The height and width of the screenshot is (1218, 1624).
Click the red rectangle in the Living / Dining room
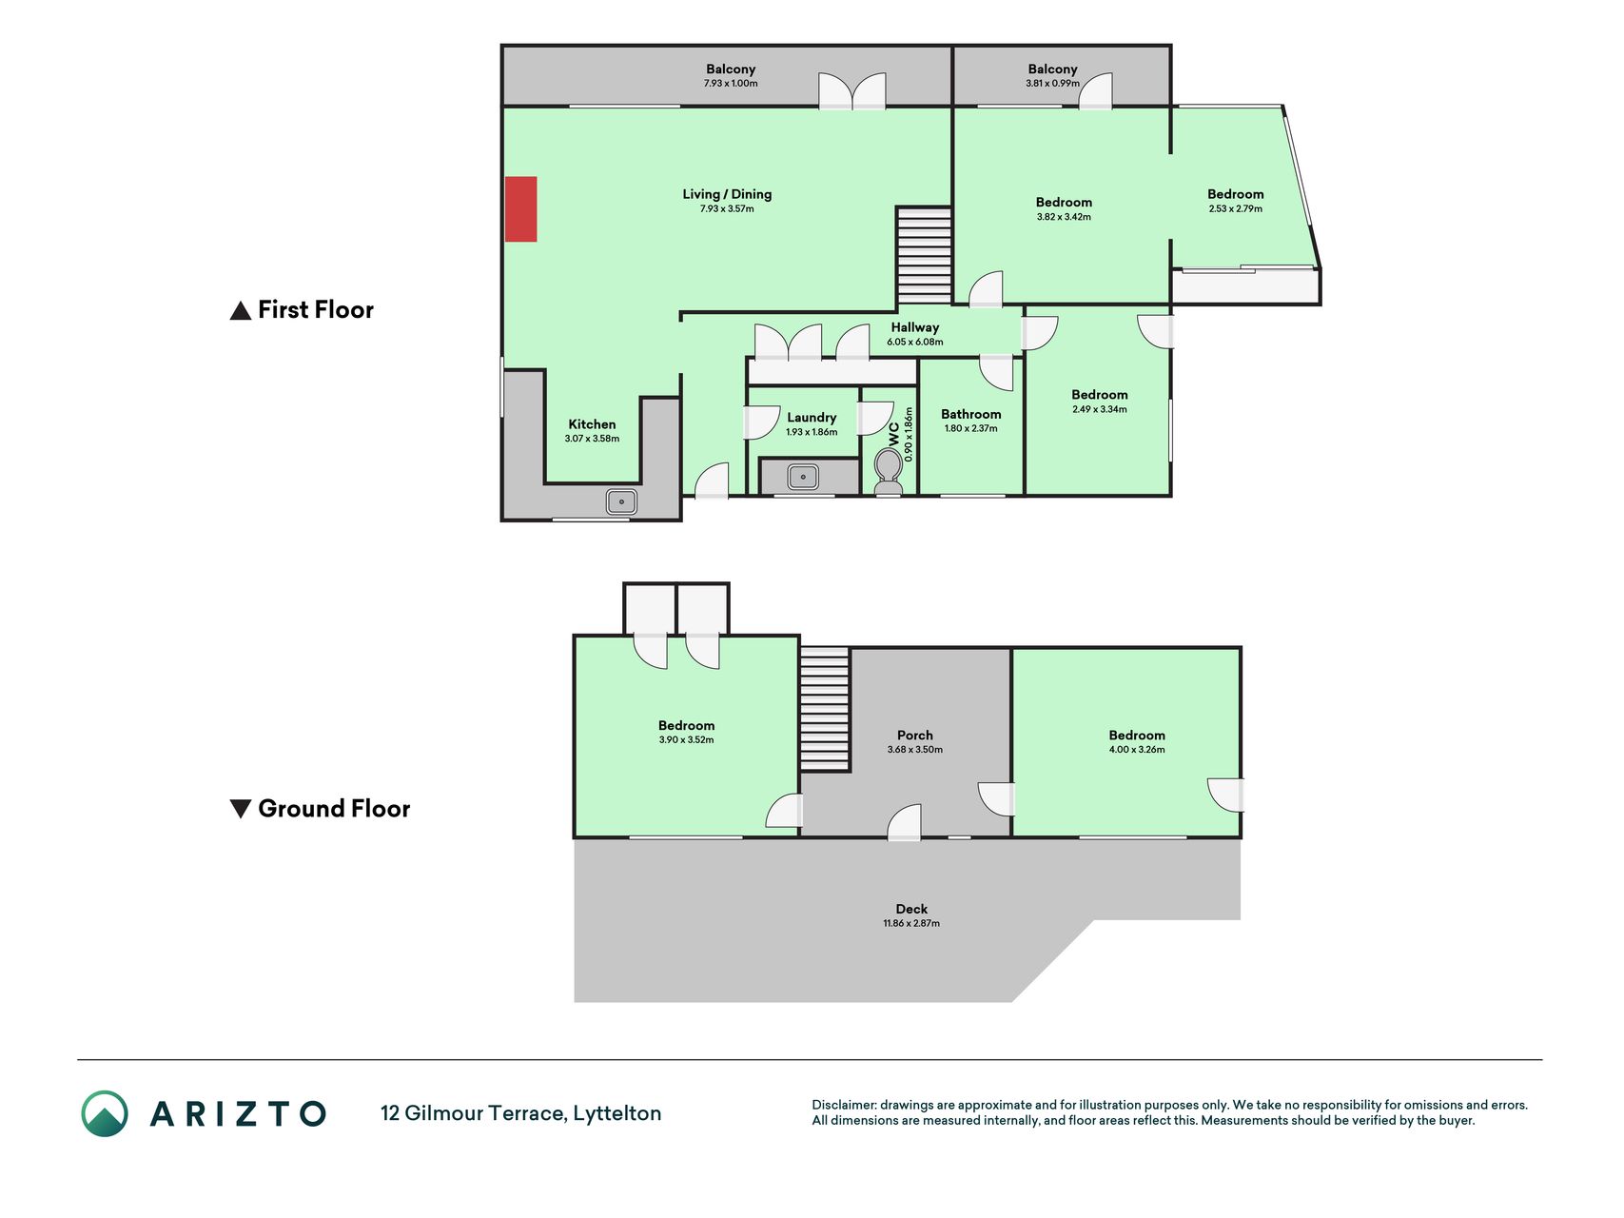coord(520,208)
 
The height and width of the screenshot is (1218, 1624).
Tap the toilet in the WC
coord(889,472)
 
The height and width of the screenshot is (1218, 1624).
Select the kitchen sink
coord(621,501)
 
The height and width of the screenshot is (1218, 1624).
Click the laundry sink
coord(803,477)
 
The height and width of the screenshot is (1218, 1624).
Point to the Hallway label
coord(915,327)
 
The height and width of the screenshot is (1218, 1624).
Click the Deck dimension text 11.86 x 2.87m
coord(911,923)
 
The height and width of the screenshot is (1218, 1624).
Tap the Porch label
coord(915,735)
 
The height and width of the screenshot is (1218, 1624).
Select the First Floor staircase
coord(924,256)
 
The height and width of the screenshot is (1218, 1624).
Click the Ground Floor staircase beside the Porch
coord(824,709)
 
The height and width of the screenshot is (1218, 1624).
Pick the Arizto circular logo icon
coord(105,1113)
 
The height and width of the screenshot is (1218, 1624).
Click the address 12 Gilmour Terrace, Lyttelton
coord(520,1113)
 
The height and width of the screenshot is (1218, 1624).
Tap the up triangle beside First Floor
coord(241,310)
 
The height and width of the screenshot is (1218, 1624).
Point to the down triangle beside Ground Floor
coord(241,809)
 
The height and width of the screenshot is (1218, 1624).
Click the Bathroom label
coord(971,414)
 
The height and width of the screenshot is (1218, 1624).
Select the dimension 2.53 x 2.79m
coord(1236,208)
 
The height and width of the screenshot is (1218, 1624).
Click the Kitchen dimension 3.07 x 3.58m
coord(592,439)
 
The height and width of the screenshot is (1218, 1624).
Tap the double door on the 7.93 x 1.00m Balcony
coord(852,91)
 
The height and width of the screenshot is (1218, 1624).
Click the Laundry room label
coord(812,417)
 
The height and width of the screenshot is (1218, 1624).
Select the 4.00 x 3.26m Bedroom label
coord(1137,735)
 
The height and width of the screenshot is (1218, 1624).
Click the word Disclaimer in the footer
coord(843,1105)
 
